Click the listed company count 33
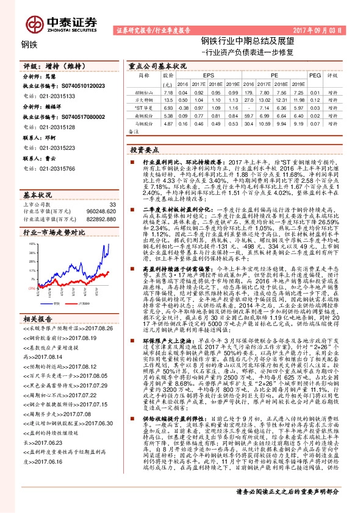pos(112,187)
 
